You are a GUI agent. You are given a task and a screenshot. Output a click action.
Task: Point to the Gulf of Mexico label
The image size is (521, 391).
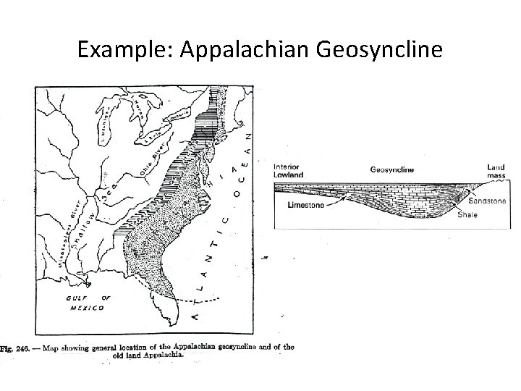click(x=82, y=302)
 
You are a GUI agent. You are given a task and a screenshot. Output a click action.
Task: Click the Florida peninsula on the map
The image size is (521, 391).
click(x=161, y=304)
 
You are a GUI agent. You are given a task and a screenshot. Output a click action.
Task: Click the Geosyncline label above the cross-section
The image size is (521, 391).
click(x=391, y=170)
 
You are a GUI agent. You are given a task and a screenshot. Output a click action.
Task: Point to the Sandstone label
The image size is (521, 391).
click(x=487, y=201)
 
